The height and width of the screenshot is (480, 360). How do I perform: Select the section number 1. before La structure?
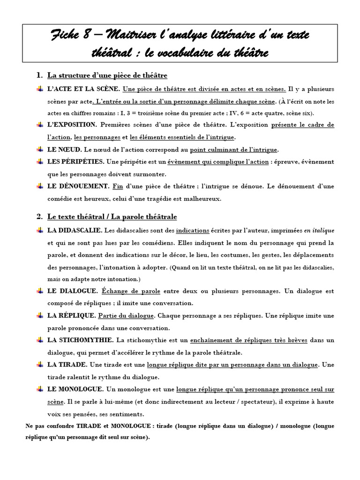click(x=39, y=75)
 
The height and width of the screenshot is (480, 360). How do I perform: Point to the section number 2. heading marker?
click(x=39, y=217)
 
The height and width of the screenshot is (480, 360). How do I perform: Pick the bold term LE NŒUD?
click(x=65, y=150)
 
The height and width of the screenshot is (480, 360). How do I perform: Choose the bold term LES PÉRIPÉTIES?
click(x=75, y=162)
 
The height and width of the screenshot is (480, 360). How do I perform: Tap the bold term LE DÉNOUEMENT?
click(x=78, y=187)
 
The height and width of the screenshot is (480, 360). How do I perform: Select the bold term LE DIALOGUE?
click(x=73, y=291)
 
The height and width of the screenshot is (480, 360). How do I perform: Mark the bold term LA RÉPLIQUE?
click(x=72, y=316)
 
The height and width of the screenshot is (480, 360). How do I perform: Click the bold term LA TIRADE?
click(x=67, y=365)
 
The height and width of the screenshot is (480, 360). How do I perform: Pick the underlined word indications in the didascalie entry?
click(x=193, y=231)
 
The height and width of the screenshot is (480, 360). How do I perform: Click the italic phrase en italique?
click(x=319, y=231)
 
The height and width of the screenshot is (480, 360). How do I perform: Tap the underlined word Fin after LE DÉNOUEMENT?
click(x=118, y=187)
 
